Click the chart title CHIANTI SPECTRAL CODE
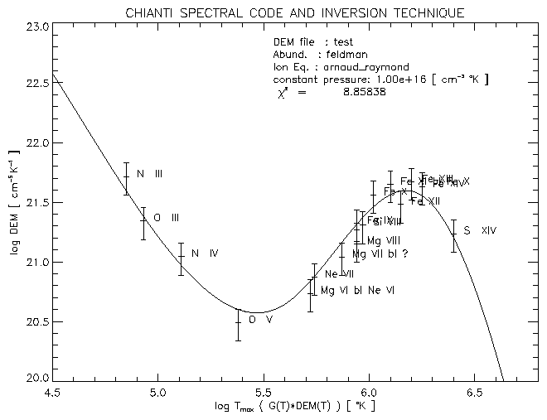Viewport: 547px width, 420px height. (294, 13)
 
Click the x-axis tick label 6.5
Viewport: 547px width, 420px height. (474, 393)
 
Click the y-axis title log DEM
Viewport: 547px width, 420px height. (14, 203)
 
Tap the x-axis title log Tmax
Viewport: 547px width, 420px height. (294, 408)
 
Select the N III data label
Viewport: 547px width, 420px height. (149, 174)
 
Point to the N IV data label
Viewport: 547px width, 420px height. (204, 253)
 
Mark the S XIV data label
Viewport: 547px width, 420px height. (480, 230)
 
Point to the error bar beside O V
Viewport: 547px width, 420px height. (238, 325)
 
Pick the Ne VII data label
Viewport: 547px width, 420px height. (340, 274)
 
